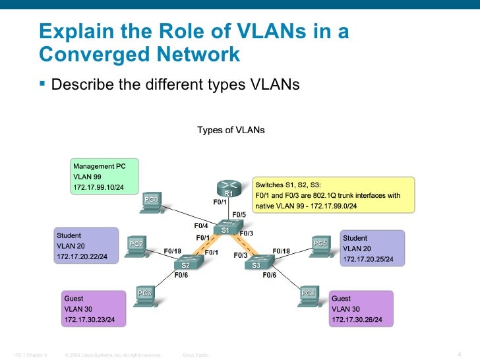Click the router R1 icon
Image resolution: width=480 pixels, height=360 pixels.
[227, 188]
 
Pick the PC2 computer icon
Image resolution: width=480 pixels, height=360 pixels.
[136, 248]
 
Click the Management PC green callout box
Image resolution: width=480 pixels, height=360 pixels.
[104, 177]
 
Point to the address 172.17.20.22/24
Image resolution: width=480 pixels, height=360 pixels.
[82, 256]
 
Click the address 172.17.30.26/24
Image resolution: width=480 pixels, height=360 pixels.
[357, 320]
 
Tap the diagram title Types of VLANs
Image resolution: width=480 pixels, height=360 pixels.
[231, 131]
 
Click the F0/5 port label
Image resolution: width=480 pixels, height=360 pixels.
[239, 215]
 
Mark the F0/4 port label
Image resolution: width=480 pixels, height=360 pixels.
[200, 225]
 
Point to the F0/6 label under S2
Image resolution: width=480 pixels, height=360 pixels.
[181, 276]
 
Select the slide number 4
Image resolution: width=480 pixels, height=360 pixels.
[458, 349]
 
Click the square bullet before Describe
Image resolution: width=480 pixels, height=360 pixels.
[43, 84]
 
